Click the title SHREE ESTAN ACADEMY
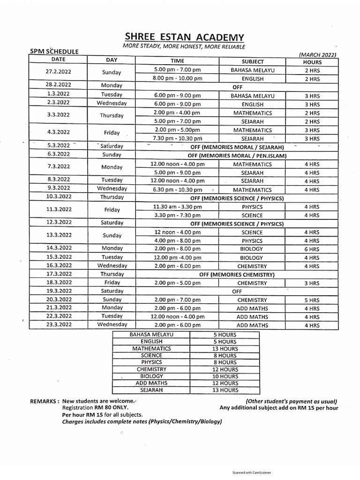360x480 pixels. tap(184, 37)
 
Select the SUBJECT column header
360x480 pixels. tap(253, 61)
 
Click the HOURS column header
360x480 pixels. tap(312, 61)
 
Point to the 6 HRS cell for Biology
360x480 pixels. tap(312, 249)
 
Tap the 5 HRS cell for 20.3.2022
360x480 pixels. tap(312, 300)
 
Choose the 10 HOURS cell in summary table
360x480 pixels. tap(225, 376)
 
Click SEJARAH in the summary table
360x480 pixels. tap(151, 390)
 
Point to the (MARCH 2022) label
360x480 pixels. tap(317, 55)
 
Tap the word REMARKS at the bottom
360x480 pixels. tap(45, 402)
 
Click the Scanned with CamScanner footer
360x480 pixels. tap(252, 473)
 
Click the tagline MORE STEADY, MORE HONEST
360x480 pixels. tap(184, 46)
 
